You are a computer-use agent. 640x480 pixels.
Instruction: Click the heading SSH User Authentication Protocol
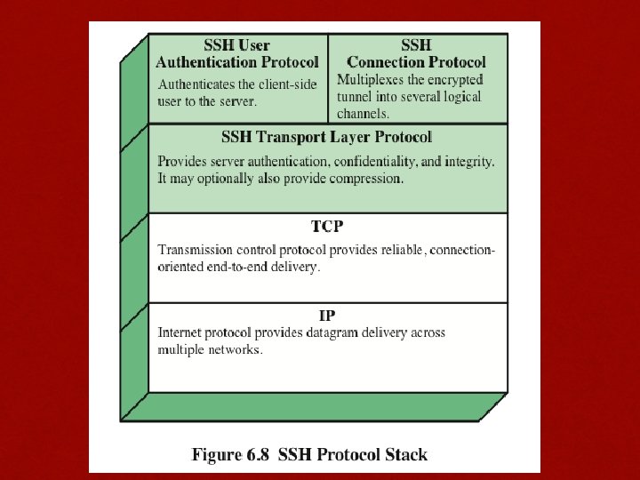(236, 53)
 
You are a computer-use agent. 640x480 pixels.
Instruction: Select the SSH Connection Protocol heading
(416, 53)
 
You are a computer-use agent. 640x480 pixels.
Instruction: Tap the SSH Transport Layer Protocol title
(326, 137)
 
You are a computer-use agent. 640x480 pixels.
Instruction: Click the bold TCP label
(327, 227)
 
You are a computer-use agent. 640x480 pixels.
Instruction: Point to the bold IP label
(327, 316)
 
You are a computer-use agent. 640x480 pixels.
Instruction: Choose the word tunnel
(355, 97)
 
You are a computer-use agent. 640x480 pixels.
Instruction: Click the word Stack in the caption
(404, 455)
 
